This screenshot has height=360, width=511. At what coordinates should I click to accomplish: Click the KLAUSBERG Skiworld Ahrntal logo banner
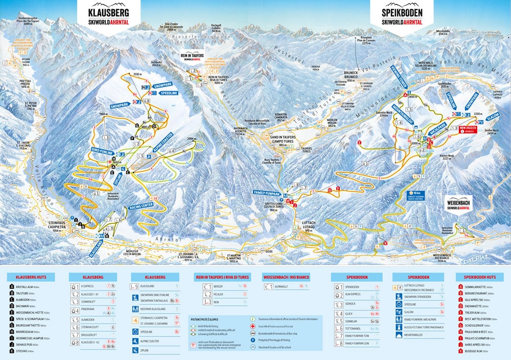click(108, 15)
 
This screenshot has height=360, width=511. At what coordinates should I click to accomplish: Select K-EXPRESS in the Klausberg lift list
click(89, 287)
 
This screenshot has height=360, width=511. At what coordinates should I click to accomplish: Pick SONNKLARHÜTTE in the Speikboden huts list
click(477, 287)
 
